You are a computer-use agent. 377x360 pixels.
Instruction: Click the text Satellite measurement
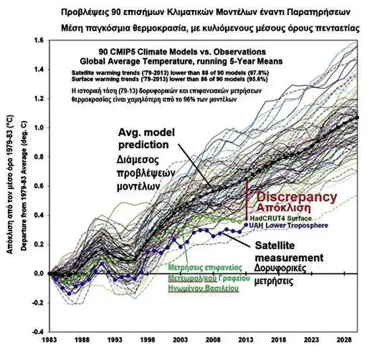288,252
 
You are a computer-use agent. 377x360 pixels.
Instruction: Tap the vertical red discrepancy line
246,199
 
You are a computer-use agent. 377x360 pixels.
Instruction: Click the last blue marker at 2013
246,225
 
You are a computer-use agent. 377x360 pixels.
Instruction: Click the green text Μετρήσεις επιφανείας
205,267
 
